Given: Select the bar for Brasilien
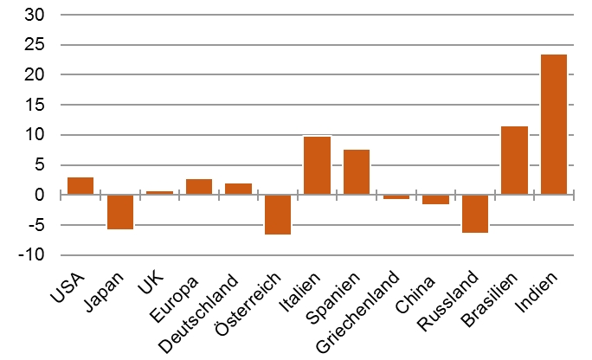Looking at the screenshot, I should pyautogui.click(x=514, y=161).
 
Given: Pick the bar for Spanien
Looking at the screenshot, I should pyautogui.click(x=357, y=172).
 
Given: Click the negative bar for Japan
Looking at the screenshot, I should pyautogui.click(x=120, y=212).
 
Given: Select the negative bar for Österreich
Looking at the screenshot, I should pyautogui.click(x=278, y=215).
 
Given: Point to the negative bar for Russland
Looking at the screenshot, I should pyautogui.click(x=474, y=214).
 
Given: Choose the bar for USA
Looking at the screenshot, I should pyautogui.click(x=80, y=186).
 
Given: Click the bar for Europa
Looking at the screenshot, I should pyautogui.click(x=199, y=187).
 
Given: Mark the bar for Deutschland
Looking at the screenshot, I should pyautogui.click(x=238, y=190).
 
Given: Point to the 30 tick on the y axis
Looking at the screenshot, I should pyautogui.click(x=35, y=15).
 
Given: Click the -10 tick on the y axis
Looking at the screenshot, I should pyautogui.click(x=33, y=255).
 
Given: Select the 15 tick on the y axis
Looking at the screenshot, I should pyautogui.click(x=35, y=105).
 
